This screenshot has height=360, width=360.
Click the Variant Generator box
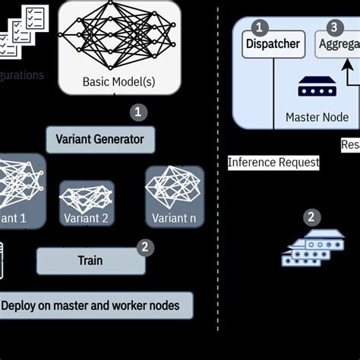tap(100, 140)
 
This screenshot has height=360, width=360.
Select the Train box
tap(90, 261)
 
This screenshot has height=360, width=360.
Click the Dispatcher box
tap(273, 44)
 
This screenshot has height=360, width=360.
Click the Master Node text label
tap(317, 117)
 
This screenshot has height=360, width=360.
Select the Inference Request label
tap(273, 162)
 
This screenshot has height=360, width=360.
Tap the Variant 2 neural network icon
tap(87, 197)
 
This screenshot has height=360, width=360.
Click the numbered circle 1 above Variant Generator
tap(137, 112)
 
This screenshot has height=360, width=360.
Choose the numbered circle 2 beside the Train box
tap(144, 247)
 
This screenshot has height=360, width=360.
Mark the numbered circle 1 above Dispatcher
tap(261, 27)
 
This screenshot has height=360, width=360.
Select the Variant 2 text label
tap(86, 218)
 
